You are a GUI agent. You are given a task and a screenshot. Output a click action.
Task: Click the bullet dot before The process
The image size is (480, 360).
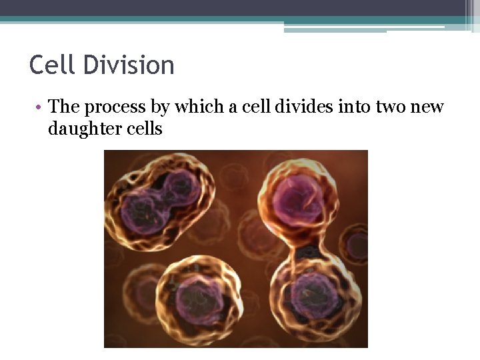41,107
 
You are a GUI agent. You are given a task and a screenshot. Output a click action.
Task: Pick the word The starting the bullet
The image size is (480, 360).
65,107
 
